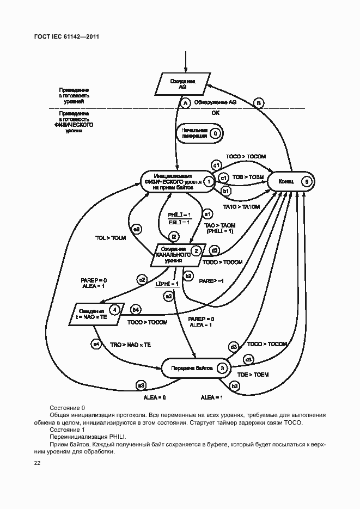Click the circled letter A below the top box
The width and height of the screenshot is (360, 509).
(x=185, y=102)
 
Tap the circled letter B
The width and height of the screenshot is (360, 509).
(x=259, y=102)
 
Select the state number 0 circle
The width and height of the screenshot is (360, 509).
(x=215, y=133)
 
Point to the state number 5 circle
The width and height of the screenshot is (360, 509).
(x=307, y=181)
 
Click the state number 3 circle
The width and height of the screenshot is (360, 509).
(x=222, y=368)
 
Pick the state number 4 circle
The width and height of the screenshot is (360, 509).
(x=114, y=310)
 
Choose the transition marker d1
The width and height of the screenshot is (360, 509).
(x=216, y=165)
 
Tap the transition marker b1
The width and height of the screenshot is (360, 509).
(x=226, y=191)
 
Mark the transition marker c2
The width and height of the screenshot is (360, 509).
(x=142, y=280)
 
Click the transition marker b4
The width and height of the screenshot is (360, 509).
(x=136, y=310)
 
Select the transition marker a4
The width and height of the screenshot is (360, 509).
(x=96, y=344)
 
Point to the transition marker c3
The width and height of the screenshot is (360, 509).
(x=248, y=359)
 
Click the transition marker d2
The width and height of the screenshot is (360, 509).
(x=215, y=251)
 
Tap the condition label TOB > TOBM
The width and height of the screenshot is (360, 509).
(x=248, y=177)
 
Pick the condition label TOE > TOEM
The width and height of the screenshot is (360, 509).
(x=253, y=375)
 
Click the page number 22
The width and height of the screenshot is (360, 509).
(x=37, y=463)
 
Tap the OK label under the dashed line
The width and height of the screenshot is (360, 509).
(x=216, y=113)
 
